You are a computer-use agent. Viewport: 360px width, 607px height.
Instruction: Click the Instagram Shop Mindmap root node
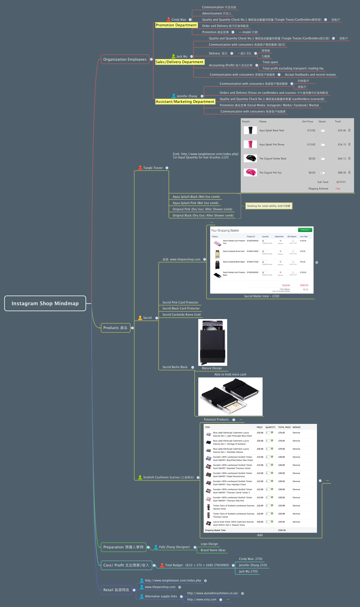click(x=45, y=303)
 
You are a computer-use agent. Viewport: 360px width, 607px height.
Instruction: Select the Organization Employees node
click(x=125, y=59)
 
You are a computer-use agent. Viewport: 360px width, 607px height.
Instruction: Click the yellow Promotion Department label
click(x=176, y=25)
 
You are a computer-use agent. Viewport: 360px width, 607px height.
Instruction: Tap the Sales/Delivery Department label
click(x=180, y=62)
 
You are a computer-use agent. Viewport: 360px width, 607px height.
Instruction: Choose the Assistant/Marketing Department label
click(x=185, y=102)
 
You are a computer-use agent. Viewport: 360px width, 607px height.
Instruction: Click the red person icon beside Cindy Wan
click(x=169, y=20)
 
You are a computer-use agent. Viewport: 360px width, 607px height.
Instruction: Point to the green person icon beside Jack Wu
click(x=174, y=56)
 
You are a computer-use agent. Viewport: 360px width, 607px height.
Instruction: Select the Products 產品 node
click(x=115, y=328)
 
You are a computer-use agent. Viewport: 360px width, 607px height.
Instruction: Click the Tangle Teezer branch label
click(x=153, y=168)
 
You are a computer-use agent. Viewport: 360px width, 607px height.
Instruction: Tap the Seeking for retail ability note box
click(x=269, y=206)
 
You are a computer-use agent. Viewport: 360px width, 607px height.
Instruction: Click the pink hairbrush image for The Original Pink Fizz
click(x=250, y=172)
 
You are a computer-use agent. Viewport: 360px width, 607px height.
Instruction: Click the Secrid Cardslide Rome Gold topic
click(x=181, y=315)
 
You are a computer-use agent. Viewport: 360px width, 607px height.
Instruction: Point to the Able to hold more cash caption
click(x=230, y=374)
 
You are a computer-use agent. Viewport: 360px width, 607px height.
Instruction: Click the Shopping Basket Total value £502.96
click(x=282, y=530)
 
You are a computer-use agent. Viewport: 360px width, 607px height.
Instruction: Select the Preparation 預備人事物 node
click(x=123, y=547)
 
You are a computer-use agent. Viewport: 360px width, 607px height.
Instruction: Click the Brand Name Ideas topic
click(x=213, y=550)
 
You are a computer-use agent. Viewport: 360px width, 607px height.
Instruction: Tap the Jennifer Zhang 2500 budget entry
click(x=253, y=565)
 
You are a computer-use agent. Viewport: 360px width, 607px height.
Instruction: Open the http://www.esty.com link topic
click(x=202, y=599)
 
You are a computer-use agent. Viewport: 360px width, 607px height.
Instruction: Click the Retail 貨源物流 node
click(x=116, y=590)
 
